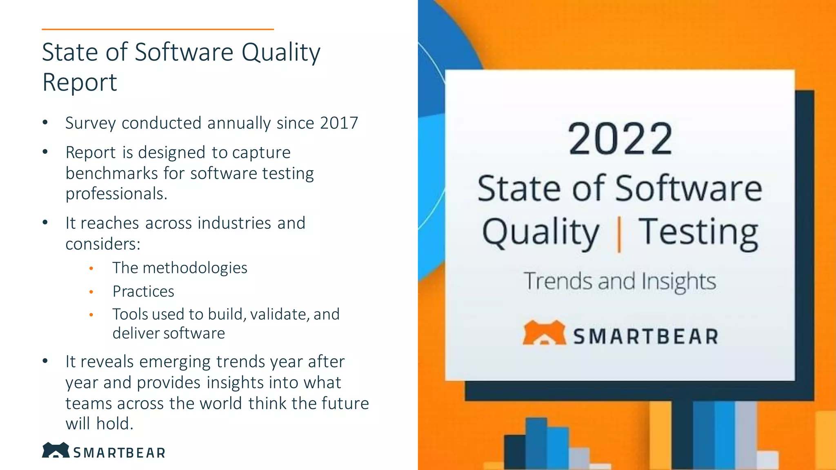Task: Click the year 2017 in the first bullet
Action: tap(339, 123)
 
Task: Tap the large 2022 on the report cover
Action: tap(620, 140)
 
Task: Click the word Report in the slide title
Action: tap(80, 82)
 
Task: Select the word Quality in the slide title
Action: tap(281, 53)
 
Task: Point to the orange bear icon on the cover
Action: tap(544, 333)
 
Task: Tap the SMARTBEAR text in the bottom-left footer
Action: tap(119, 453)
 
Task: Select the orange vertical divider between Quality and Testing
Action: tap(619, 235)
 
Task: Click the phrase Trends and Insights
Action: tap(620, 282)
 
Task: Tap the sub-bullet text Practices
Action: tap(143, 291)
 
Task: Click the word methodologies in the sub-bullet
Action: tap(195, 268)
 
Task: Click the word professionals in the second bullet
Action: tap(116, 194)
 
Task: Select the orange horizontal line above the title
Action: tap(158, 29)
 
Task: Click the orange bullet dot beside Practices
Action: tap(91, 292)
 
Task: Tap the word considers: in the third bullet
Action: tap(103, 244)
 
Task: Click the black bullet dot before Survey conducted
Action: tap(45, 122)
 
